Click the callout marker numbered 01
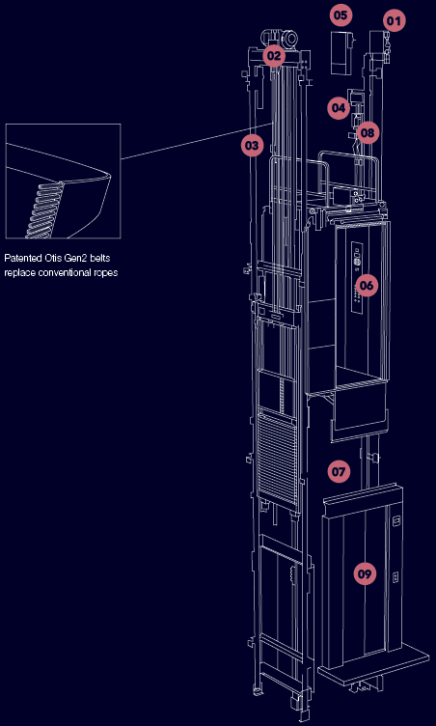pos(394,21)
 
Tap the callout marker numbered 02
pos(274,56)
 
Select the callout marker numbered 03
pos(253,146)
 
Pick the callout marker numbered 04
pos(339,108)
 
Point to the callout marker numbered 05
pos(341,14)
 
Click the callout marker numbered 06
pos(366,285)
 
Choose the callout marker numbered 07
pos(339,472)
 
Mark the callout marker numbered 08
pos(368,133)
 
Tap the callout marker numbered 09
pos(365,574)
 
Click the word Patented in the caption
pos(19,258)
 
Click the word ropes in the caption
pos(106,272)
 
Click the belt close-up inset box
pos(63,181)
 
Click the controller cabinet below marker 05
pos(342,52)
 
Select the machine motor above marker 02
pos(279,38)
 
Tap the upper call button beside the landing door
pos(395,521)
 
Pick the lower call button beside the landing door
pos(395,577)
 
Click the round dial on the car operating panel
pos(357,262)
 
